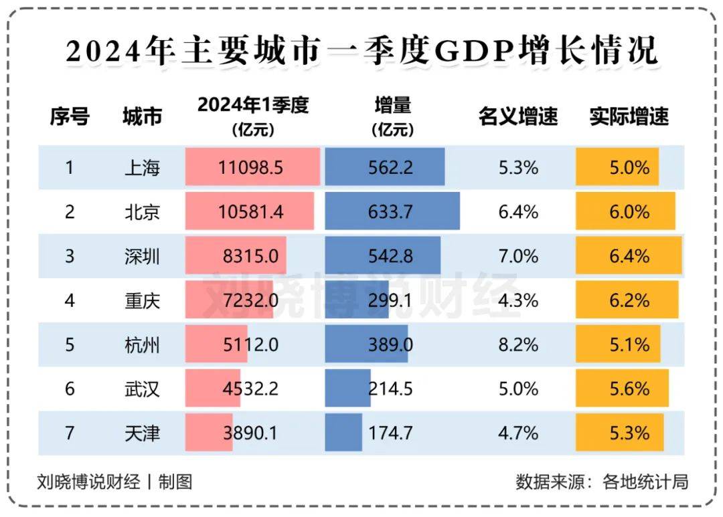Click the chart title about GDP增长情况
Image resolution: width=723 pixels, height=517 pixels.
click(x=361, y=52)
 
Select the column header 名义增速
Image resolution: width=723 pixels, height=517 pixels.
click(x=517, y=117)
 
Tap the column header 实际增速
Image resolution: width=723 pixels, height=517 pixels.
click(x=629, y=117)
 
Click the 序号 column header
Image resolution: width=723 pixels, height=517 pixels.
click(x=70, y=117)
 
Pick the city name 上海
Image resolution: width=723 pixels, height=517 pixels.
click(x=143, y=167)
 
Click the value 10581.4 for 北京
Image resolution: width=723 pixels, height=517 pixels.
click(x=250, y=212)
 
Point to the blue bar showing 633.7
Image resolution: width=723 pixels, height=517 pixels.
click(x=392, y=212)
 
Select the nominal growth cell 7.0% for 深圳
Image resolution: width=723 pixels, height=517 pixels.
click(x=518, y=256)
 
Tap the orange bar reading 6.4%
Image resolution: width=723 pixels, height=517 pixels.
click(x=629, y=256)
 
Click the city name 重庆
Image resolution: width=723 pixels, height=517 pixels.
click(x=143, y=300)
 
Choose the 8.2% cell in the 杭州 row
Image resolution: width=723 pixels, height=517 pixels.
click(x=518, y=344)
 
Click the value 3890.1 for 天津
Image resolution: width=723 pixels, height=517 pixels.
click(x=250, y=433)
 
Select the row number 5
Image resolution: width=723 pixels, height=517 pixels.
click(x=70, y=344)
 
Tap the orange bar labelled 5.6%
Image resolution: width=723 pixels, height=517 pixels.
click(x=623, y=389)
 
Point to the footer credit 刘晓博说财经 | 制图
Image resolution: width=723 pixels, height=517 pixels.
click(x=114, y=482)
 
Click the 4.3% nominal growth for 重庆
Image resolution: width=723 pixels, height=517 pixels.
click(x=518, y=300)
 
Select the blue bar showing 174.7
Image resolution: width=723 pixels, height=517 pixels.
click(x=343, y=433)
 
